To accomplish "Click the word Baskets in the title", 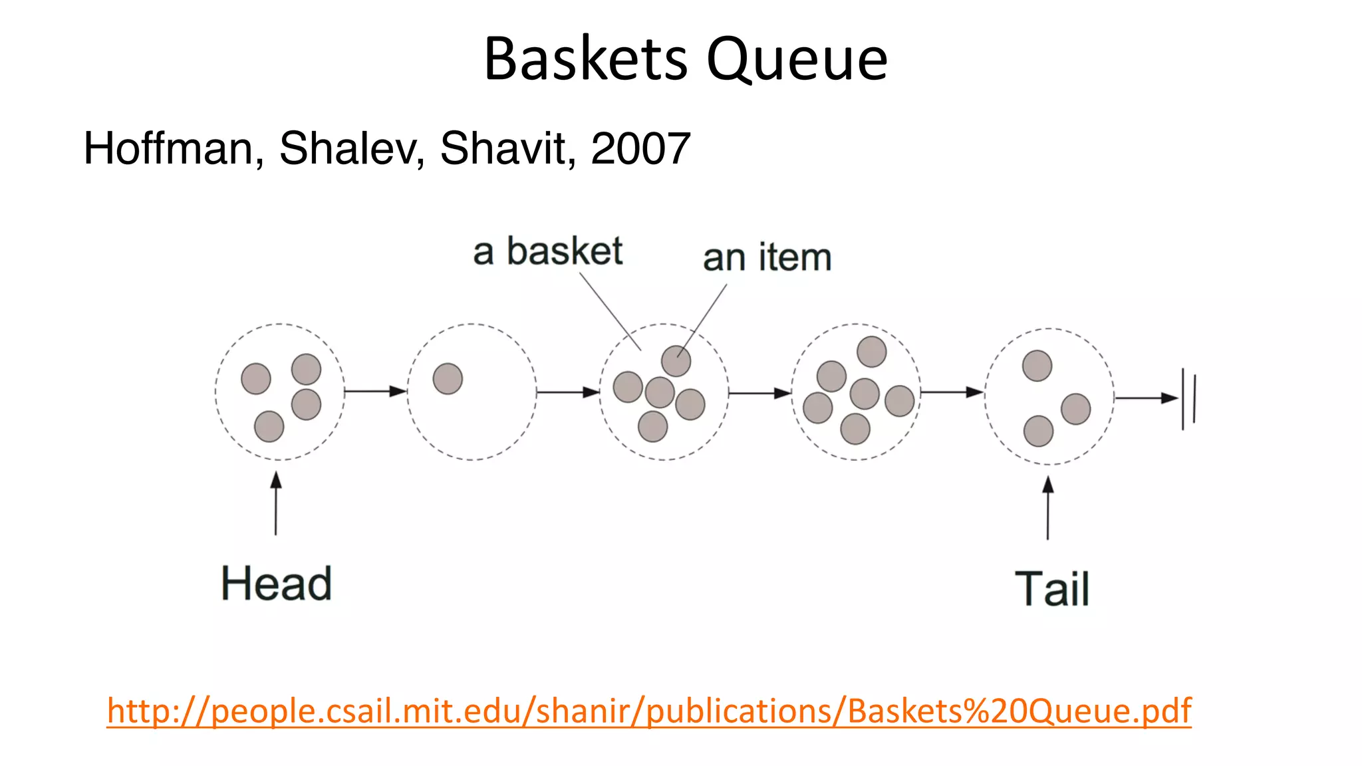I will (585, 60).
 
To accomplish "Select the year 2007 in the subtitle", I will (640, 148).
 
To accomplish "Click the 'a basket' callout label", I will (547, 251).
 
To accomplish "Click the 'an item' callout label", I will (767, 257).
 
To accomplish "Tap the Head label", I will (276, 584).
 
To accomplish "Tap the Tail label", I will (1052, 589).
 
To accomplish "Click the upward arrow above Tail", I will (1048, 508).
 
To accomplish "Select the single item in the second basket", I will (448, 378).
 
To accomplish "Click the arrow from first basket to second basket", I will (376, 391).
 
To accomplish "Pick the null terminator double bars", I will (1189, 399).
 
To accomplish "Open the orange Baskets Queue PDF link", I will (648, 711).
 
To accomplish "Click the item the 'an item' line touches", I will (676, 361).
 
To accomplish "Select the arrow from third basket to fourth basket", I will (759, 393).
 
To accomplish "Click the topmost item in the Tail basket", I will (1037, 366).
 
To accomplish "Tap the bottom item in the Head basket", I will (269, 426).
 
